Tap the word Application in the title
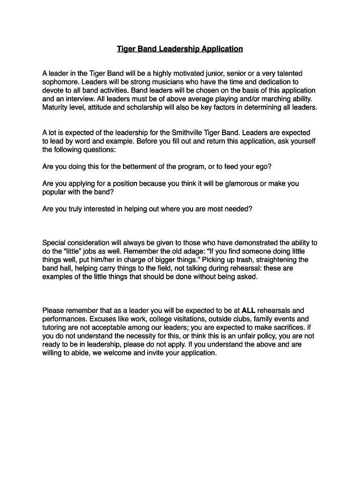(222, 49)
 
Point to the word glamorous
(242, 183)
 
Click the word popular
(55, 192)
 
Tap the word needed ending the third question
(238, 209)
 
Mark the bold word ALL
(248, 310)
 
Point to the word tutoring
(56, 327)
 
